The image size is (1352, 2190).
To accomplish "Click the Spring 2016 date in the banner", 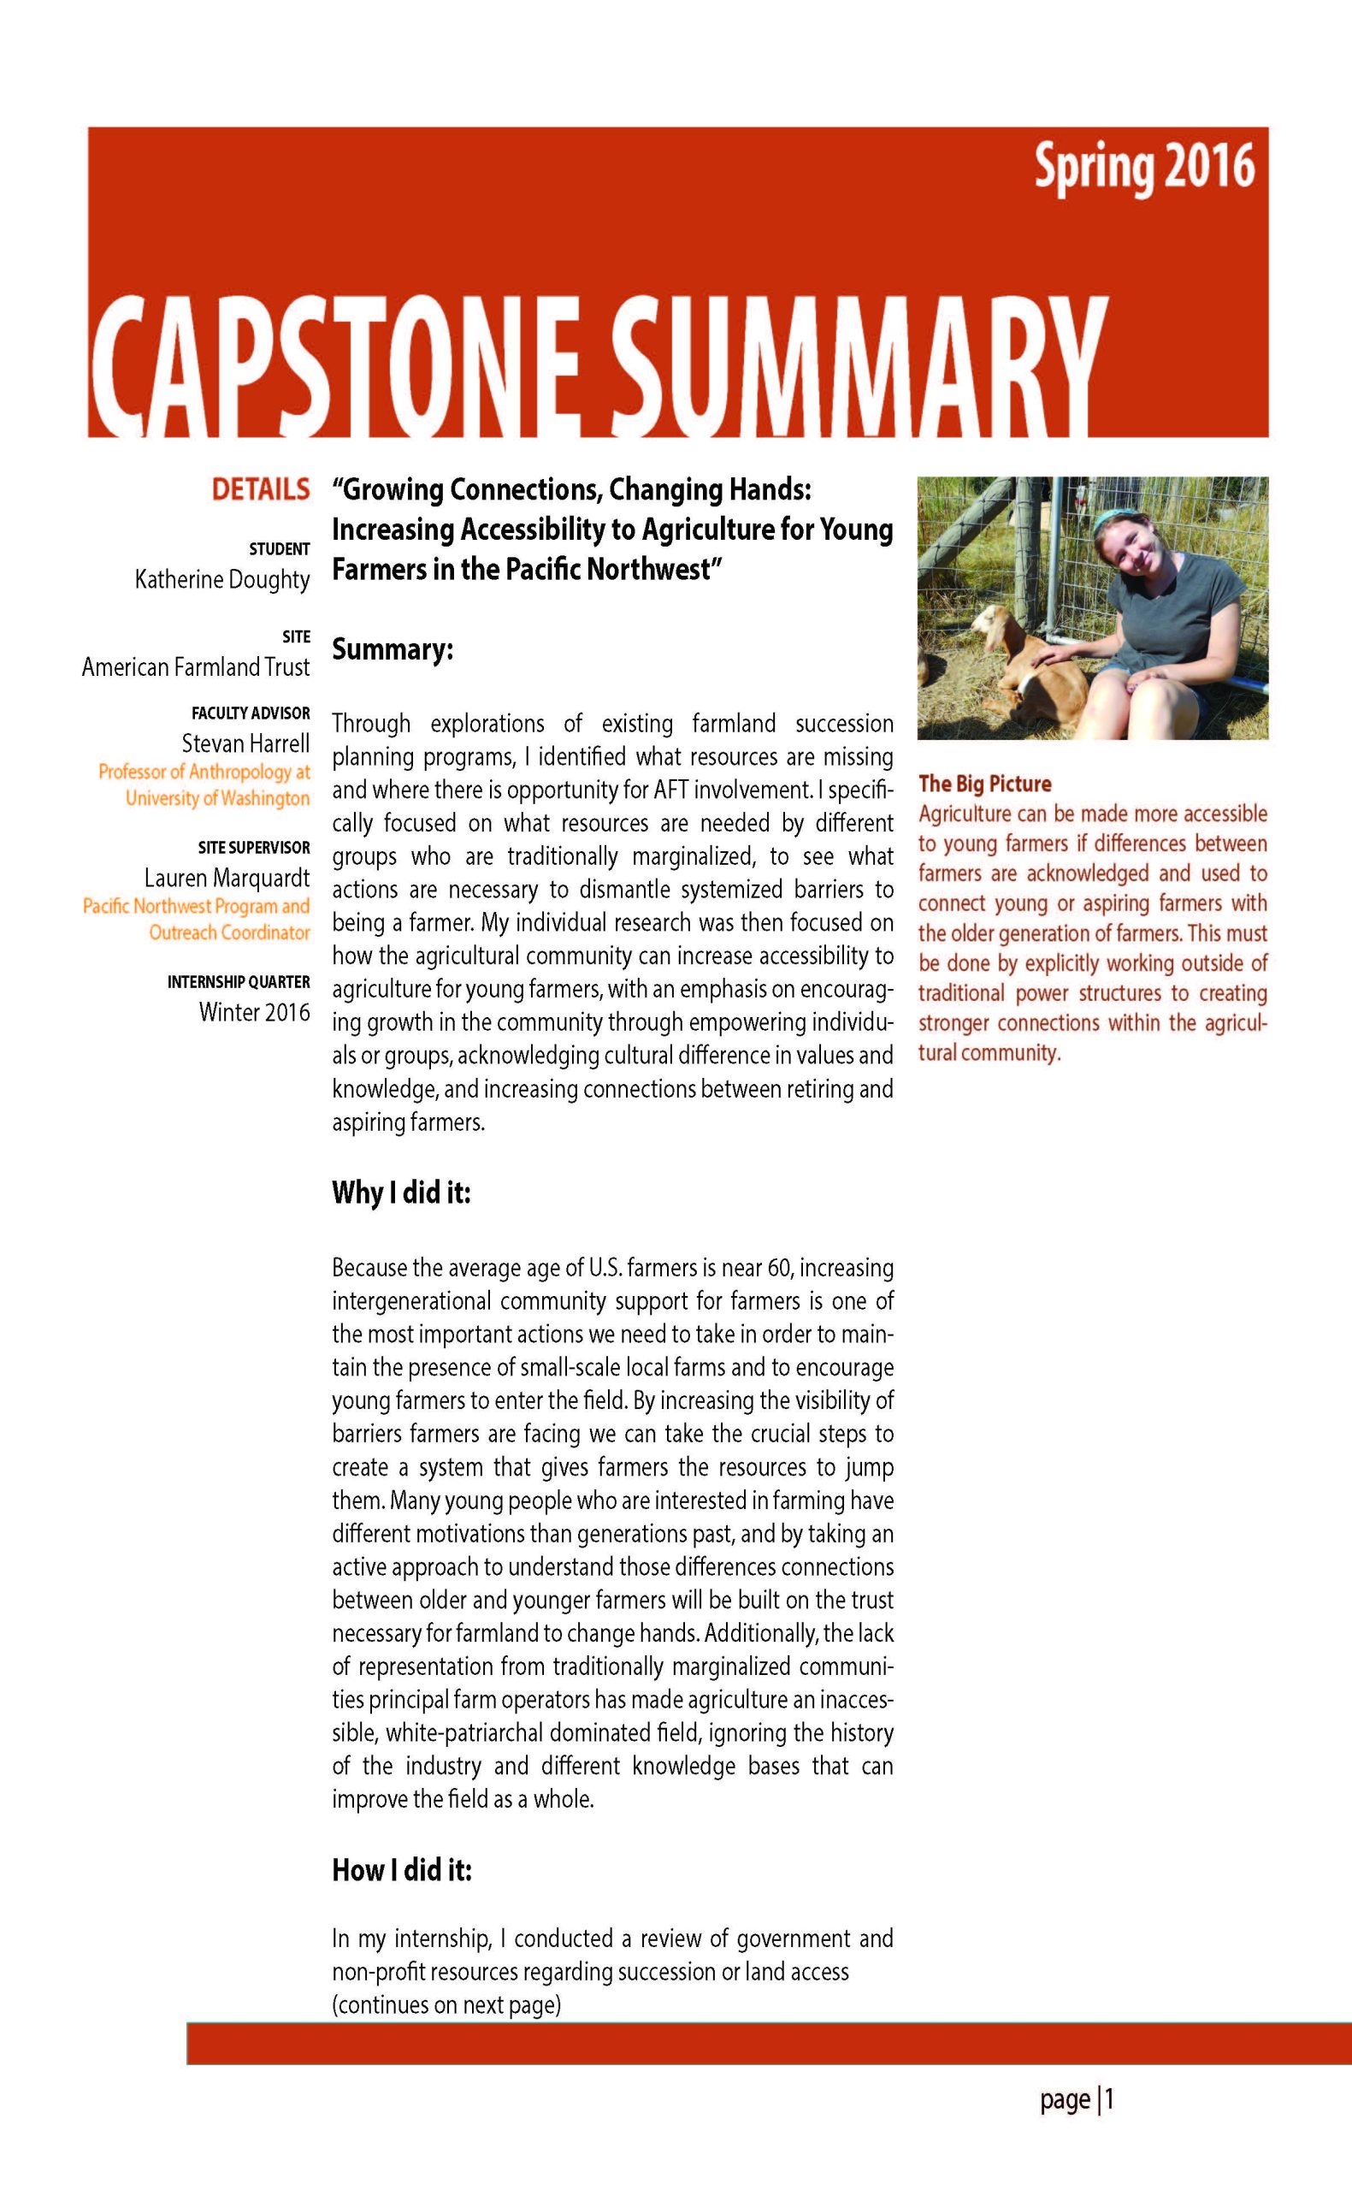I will point(1144,167).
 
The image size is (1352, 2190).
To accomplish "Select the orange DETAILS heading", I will point(260,489).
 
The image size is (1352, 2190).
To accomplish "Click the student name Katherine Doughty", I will point(221,579).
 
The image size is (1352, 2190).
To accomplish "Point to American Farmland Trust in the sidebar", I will point(196,666).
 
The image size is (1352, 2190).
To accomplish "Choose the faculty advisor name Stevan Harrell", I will point(246,743).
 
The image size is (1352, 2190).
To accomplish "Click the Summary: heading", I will point(393,649).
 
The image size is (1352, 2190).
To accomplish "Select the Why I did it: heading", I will point(400,1192).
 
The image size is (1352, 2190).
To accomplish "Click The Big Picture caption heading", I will point(984,784).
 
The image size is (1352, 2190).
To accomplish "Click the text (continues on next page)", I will point(446,2005).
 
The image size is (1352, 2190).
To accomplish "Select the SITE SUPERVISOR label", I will point(254,847).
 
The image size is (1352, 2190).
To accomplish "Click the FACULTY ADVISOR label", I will point(251,713).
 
